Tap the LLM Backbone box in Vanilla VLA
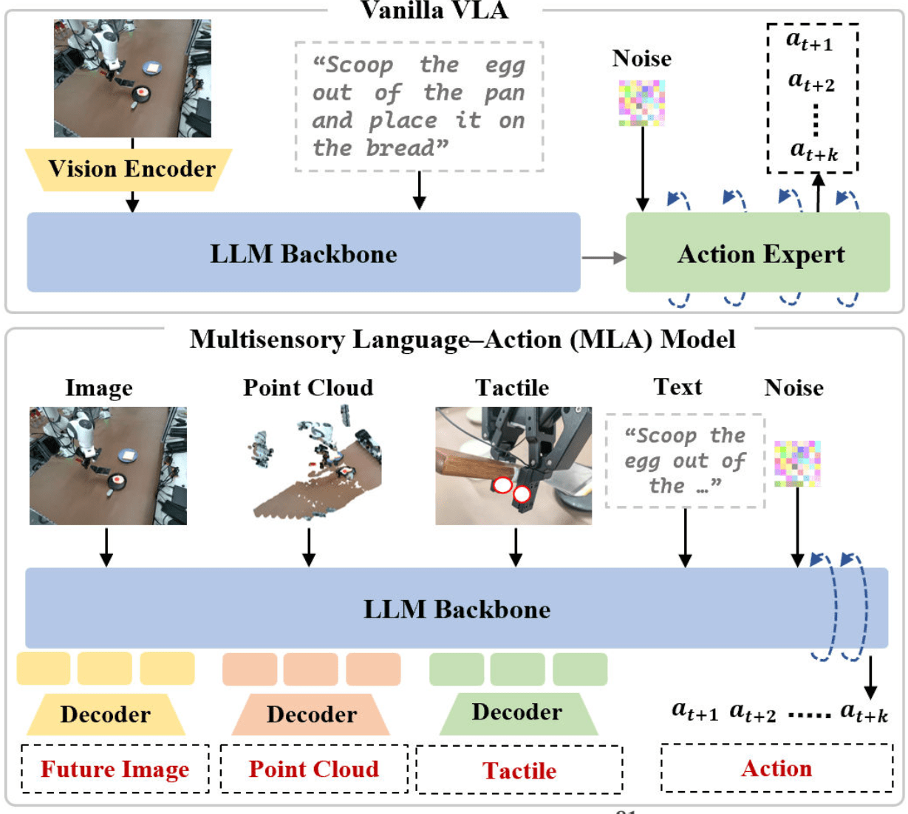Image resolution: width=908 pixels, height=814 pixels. point(303,253)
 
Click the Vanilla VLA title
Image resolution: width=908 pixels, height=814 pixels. point(434,10)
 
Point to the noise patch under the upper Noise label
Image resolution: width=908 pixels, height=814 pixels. point(642,103)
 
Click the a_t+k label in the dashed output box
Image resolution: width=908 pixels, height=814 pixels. point(813,151)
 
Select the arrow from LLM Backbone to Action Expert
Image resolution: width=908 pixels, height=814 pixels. point(603,258)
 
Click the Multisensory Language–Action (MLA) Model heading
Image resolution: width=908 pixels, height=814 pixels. point(462,339)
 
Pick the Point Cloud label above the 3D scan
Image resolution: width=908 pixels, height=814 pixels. point(308,387)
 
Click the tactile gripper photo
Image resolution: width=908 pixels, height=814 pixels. point(513,465)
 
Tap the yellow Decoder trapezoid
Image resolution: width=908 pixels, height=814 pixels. point(105,714)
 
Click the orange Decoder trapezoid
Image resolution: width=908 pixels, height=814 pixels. point(311,714)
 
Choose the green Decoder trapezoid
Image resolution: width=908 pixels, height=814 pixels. point(517,713)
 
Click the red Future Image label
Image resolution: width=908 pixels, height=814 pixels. point(115,769)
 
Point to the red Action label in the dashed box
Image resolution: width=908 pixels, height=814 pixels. point(776,768)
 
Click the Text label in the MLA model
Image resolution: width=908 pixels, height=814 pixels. point(677,387)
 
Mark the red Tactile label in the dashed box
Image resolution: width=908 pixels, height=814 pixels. point(519,770)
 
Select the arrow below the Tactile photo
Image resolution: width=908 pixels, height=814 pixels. point(516,547)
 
